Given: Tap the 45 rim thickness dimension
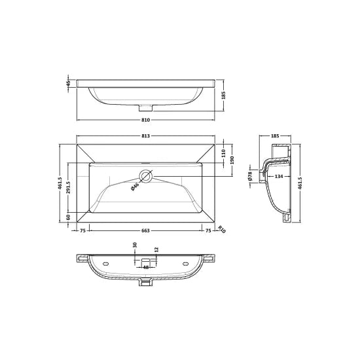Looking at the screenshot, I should pos(67,83).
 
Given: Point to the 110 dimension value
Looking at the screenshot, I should pos(224,154).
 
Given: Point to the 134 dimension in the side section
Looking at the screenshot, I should pos(279,176).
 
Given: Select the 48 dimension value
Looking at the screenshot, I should pos(146,266).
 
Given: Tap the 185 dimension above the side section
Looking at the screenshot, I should pos(275,135).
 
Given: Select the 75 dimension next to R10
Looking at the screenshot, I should pos(207,230).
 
